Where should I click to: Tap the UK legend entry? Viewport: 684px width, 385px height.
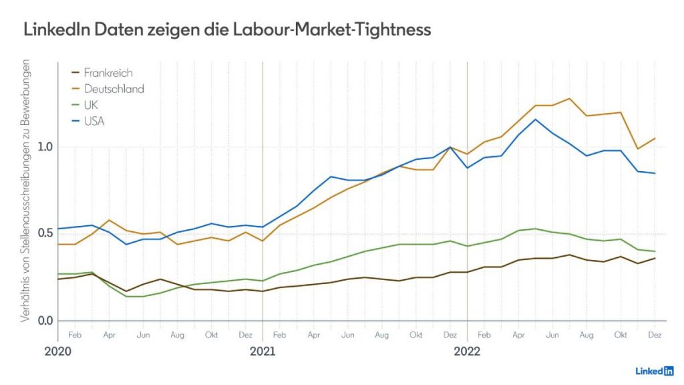[91, 105]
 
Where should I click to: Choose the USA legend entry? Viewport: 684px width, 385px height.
[94, 121]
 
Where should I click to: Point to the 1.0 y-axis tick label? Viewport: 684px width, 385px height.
[44, 147]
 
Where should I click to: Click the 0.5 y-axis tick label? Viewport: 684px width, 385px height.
[44, 233]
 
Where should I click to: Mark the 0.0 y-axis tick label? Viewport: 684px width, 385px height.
[44, 321]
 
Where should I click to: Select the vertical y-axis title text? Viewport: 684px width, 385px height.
[26, 193]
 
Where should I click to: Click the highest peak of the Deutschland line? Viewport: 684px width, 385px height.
[569, 99]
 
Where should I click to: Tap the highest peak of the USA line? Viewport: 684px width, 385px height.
[535, 120]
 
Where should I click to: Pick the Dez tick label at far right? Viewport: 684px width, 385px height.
[655, 334]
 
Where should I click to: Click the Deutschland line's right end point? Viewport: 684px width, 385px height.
[655, 138]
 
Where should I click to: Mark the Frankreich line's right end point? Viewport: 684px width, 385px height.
[655, 258]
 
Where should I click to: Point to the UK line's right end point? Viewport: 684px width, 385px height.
[655, 251]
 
